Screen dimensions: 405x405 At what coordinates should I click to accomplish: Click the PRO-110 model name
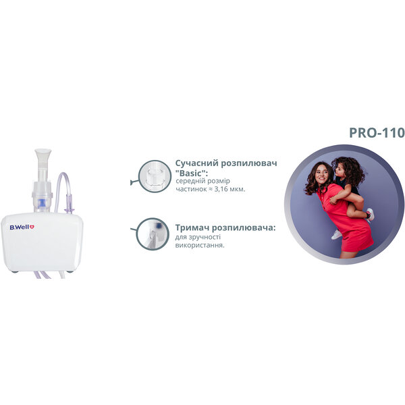point(377,133)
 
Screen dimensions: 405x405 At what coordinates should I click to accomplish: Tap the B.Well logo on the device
point(22,227)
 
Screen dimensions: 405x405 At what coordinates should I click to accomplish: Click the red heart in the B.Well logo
point(32,227)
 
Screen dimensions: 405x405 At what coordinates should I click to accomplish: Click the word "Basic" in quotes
point(192,173)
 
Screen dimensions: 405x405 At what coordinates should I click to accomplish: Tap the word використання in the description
point(200,245)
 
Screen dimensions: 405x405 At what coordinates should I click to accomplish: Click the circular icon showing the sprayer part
point(154,176)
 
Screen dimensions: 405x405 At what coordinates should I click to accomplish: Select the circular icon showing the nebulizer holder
point(153,234)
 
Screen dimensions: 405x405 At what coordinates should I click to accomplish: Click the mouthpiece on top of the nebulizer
point(43,159)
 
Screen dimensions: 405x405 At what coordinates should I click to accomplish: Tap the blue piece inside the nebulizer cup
point(41,202)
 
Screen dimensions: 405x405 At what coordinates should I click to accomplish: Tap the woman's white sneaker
point(336,235)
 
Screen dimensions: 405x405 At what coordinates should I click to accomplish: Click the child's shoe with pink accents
point(370,215)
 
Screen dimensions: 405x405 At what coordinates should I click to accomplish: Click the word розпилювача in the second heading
point(246,228)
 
